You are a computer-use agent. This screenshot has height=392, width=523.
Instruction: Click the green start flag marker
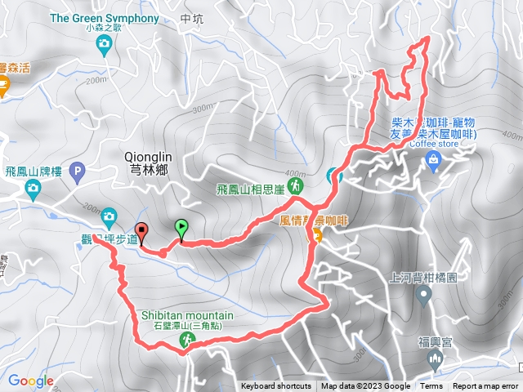coord(181,228)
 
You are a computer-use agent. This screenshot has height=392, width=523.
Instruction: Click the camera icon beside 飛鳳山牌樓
coord(34,190)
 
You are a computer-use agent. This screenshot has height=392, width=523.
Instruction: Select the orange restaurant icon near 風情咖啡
coord(315,235)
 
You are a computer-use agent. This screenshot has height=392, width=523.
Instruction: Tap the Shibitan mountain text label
coord(186,315)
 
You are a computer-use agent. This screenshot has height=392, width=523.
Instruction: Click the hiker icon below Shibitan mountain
coord(187,344)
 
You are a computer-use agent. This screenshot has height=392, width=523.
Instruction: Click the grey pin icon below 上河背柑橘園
coord(423,296)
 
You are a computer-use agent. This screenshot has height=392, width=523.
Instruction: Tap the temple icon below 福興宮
coord(435,359)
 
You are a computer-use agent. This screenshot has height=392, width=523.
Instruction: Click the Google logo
coord(30,381)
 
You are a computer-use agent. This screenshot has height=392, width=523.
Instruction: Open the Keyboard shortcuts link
coord(275,386)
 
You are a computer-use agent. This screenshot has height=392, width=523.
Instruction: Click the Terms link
coord(431,386)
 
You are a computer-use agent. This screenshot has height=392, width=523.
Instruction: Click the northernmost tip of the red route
coord(427,38)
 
